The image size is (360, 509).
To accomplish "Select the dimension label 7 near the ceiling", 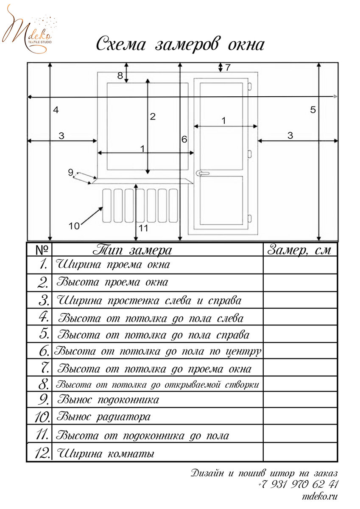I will tap(228, 67).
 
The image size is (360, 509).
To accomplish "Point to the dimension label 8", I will tap(120, 76).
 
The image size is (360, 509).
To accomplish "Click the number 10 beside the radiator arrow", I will tap(74, 226).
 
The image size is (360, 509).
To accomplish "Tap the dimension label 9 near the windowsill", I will tap(71, 172).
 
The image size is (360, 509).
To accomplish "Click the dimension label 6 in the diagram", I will tap(184, 139).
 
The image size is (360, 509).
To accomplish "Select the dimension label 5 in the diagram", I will tap(313, 110).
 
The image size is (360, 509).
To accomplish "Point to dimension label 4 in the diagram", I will tap(56, 110).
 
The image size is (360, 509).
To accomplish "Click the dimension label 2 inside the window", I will tap(153, 116).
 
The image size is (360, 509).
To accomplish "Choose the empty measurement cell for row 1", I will tap(300, 265).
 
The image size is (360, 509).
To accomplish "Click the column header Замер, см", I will tap(299, 250).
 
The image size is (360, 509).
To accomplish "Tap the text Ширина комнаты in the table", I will tap(105, 453).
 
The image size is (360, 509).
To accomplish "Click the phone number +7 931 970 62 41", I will tap(298, 484).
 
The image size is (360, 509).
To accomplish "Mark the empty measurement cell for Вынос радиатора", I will tap(300, 417).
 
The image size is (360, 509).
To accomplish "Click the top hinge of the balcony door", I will tap(250, 87).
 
